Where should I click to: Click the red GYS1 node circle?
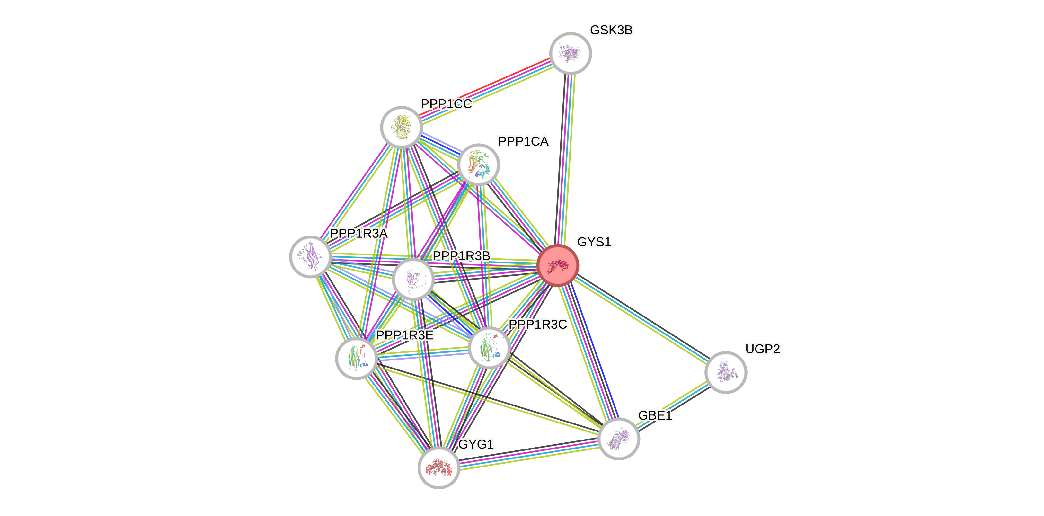pyautogui.click(x=558, y=265)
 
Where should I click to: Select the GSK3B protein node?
pyautogui.click(x=570, y=53)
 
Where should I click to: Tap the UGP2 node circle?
pyautogui.click(x=725, y=372)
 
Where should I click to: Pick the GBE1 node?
pyautogui.click(x=618, y=439)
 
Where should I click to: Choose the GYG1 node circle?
pyautogui.click(x=438, y=467)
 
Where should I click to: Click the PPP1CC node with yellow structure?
pyautogui.click(x=401, y=127)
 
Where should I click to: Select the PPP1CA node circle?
pyautogui.click(x=478, y=165)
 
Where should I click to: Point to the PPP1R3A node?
pyautogui.click(x=310, y=257)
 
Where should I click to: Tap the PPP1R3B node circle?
pyautogui.click(x=413, y=279)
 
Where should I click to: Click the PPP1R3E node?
pyautogui.click(x=357, y=358)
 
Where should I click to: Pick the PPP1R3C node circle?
pyautogui.click(x=489, y=347)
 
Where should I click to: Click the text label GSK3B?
pyautogui.click(x=611, y=30)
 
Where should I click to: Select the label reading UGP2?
pyautogui.click(x=762, y=349)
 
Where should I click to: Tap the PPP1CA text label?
pyautogui.click(x=523, y=141)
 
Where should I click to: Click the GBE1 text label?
pyautogui.click(x=655, y=415)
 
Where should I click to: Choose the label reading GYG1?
pyautogui.click(x=476, y=444)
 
